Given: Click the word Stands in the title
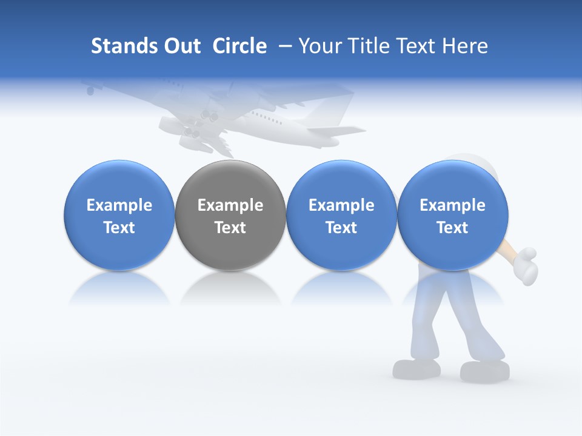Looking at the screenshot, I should coord(124,46).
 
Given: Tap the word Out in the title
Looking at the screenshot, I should coord(181,46).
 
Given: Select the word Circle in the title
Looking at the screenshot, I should coord(239,46).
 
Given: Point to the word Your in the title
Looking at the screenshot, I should coord(319,46).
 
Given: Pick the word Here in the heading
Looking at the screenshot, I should coord(466,46).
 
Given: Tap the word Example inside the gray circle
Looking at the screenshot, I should coord(230,205).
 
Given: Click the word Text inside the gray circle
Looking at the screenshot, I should coord(230,228).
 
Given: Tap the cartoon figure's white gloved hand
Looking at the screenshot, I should coord(523,262).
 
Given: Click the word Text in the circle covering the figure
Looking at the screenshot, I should coord(452,228).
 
